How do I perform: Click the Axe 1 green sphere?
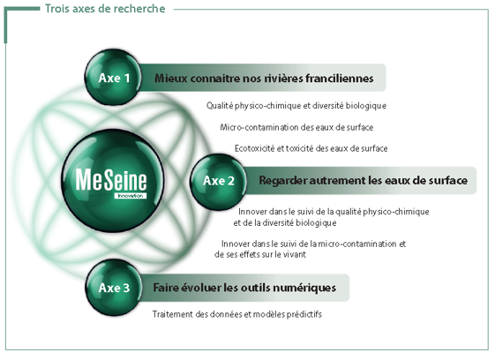pos(113,78)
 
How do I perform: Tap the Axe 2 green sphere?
pos(218,182)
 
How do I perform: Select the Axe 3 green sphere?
pos(114,287)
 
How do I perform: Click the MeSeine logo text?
pos(111,180)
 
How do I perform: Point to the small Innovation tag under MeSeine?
pos(131,196)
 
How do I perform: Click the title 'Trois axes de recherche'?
pos(105,9)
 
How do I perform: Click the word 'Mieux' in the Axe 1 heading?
pos(171,78)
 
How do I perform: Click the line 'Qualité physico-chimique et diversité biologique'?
pos(296,106)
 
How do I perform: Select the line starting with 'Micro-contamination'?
pos(296,127)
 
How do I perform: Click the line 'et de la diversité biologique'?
pos(285,223)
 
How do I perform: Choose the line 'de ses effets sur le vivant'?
pos(259,254)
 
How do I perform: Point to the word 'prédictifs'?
pos(304,314)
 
